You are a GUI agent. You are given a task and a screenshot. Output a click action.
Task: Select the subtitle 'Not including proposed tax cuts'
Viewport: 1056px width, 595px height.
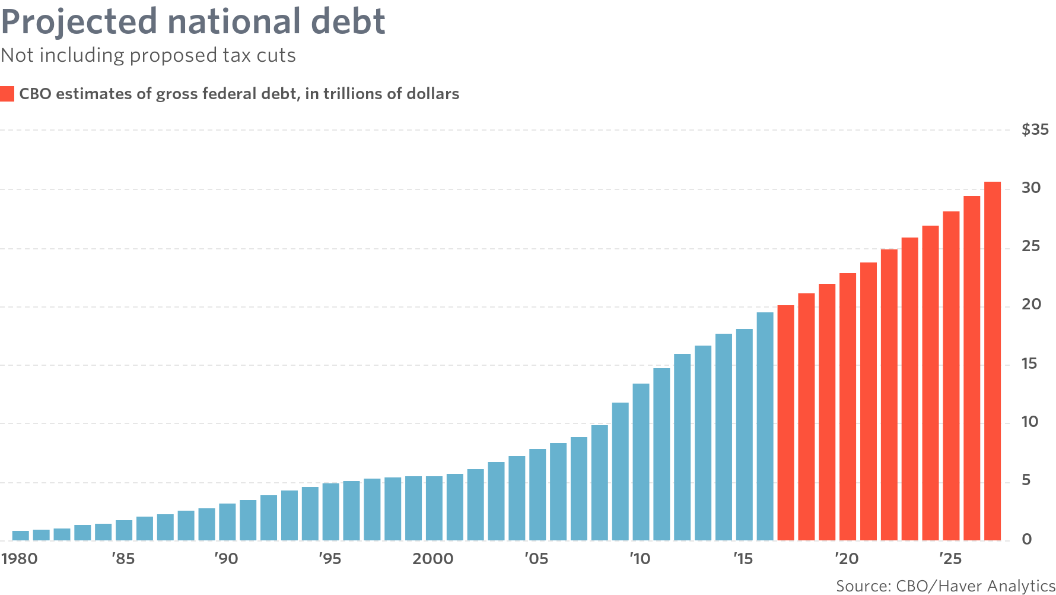click(x=148, y=55)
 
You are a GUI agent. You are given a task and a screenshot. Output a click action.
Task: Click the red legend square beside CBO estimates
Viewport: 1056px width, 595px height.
click(x=7, y=94)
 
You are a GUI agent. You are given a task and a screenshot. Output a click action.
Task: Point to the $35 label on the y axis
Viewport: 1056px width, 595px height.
click(x=1035, y=129)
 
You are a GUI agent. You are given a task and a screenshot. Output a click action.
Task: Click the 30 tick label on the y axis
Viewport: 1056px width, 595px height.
click(x=1031, y=188)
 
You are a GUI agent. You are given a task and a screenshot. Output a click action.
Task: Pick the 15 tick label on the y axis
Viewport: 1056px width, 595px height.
click(x=1029, y=364)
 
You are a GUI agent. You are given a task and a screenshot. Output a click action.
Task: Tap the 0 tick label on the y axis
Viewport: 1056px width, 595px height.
click(x=1027, y=539)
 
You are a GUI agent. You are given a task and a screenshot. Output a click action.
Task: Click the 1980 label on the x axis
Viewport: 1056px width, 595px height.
click(x=19, y=559)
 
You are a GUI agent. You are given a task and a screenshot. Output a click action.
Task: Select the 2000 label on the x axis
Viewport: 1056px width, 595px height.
click(x=433, y=559)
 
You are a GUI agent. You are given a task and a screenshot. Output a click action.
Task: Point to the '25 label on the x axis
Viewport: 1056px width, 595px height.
click(x=950, y=559)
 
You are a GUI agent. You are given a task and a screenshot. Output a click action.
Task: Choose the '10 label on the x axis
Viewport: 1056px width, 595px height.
click(x=640, y=559)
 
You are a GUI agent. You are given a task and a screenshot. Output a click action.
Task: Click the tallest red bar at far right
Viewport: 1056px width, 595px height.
click(x=993, y=361)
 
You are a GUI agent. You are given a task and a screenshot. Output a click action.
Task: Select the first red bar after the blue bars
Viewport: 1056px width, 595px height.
click(x=785, y=423)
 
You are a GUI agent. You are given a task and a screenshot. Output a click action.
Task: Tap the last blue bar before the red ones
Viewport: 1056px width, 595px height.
click(x=765, y=426)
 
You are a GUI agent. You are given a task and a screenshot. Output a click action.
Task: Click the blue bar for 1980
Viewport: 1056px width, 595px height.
click(x=21, y=536)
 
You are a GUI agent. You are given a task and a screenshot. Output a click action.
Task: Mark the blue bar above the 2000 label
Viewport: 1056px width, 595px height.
click(x=434, y=508)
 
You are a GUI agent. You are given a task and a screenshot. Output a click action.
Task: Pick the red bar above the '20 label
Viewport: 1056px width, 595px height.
click(x=848, y=407)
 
